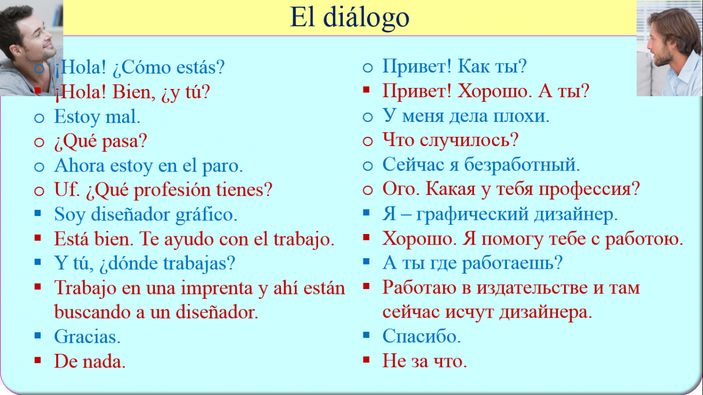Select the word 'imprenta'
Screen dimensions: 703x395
point(216,288)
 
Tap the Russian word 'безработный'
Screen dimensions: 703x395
point(521,165)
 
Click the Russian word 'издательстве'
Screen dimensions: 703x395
point(532,288)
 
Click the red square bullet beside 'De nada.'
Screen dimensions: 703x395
point(38,360)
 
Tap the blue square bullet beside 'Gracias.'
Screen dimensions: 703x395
point(38,335)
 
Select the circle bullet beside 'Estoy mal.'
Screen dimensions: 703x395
point(39,118)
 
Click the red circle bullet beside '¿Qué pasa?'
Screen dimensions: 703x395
point(39,142)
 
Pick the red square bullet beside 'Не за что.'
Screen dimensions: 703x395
point(366,359)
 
